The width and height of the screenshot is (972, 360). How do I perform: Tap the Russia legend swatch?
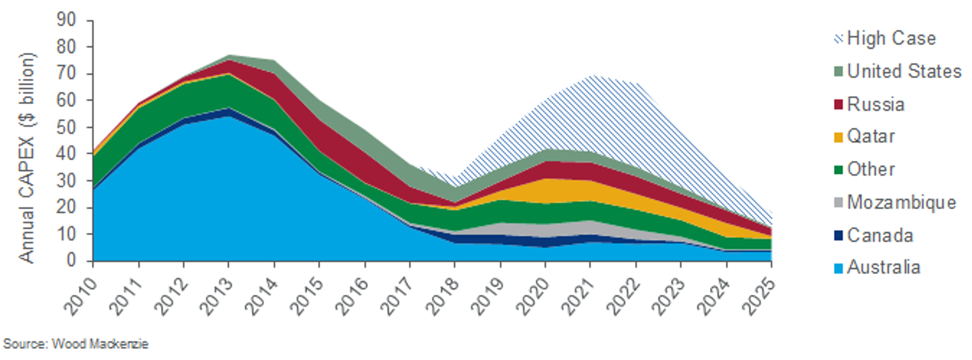click(838, 104)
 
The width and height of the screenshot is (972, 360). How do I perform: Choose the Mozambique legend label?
click(901, 202)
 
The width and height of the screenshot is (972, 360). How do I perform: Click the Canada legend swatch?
click(838, 235)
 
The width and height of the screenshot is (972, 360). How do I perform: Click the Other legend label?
click(870, 169)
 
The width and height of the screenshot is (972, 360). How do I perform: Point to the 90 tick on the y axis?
click(66, 20)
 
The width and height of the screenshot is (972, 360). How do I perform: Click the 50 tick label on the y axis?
click(66, 127)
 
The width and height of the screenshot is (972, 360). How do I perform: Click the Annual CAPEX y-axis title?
click(26, 158)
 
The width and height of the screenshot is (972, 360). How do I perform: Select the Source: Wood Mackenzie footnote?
click(76, 344)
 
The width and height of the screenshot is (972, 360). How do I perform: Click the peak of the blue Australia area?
click(229, 117)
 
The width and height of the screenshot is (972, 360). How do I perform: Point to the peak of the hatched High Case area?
click(592, 75)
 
